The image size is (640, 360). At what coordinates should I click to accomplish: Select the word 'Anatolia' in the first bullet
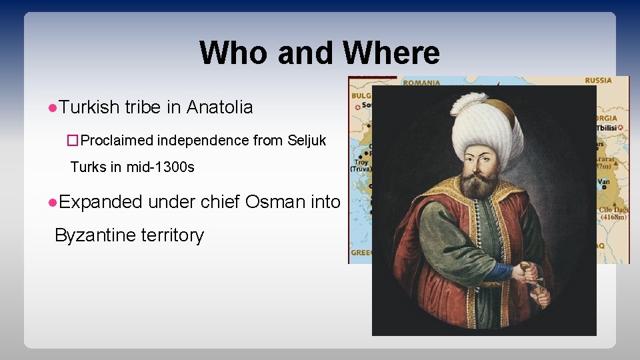pyautogui.click(x=219, y=107)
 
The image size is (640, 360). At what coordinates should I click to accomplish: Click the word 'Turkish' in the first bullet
pyautogui.click(x=89, y=107)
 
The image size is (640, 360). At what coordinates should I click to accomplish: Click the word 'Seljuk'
pyautogui.click(x=307, y=140)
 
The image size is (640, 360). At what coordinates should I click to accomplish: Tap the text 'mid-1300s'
pyautogui.click(x=161, y=167)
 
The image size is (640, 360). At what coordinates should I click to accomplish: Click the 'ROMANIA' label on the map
pyautogui.click(x=421, y=83)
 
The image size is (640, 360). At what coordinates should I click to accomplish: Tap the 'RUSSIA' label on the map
pyautogui.click(x=598, y=81)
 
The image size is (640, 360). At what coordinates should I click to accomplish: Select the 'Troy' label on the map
pyautogui.click(x=361, y=161)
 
